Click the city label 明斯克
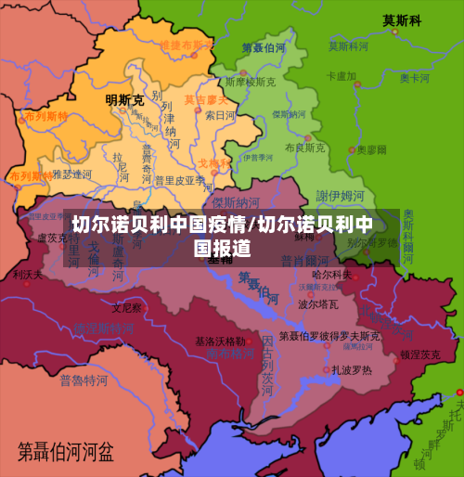click(124, 99)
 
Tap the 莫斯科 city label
click(402, 20)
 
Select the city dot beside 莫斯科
click(395, 32)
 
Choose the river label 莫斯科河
click(350, 45)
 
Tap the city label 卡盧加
click(342, 75)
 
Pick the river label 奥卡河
click(415, 78)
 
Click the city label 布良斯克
click(304, 147)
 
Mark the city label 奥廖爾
click(374, 148)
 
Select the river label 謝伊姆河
click(341, 195)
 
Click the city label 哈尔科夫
click(331, 274)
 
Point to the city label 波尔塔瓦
click(317, 303)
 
